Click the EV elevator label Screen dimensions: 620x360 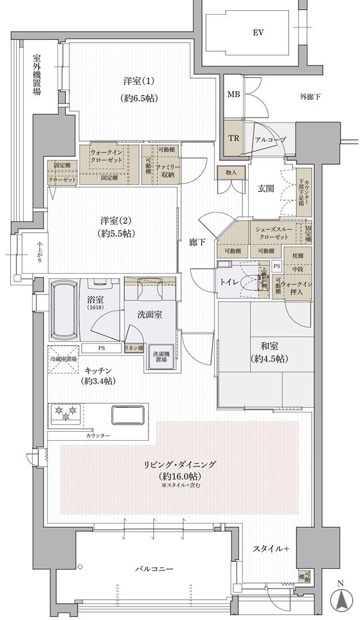tap(258, 33)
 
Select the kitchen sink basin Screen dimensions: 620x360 tap(129, 415)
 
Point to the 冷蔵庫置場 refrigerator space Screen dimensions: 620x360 tap(62, 359)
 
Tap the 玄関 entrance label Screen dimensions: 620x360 tap(265, 188)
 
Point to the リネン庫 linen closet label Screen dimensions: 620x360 tap(134, 348)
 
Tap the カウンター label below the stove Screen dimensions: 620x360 tap(98, 436)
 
